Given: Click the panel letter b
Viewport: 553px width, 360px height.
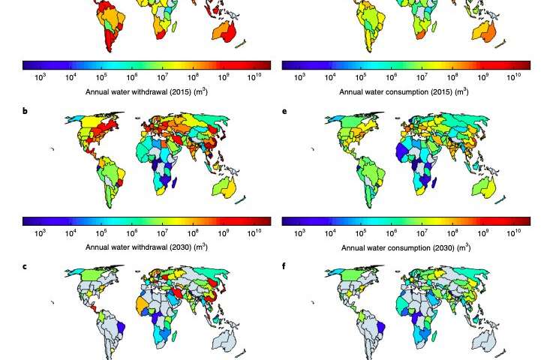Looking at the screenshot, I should [26, 111].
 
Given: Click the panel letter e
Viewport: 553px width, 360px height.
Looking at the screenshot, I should [285, 111].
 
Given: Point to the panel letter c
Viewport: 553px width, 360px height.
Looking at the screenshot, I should [26, 266].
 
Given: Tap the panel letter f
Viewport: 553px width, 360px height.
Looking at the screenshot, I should [285, 266].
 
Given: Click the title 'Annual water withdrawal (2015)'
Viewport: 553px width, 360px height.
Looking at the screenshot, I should [146, 91].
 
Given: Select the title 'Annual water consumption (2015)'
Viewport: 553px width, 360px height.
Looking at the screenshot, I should [404, 91].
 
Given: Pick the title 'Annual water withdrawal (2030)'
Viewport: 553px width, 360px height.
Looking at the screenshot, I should [146, 247].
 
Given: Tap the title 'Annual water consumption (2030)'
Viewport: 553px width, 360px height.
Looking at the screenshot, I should [406, 247].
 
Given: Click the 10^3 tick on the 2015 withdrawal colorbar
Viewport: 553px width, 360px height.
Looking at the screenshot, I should [41, 77].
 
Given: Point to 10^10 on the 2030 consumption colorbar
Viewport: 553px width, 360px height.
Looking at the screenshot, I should [514, 232].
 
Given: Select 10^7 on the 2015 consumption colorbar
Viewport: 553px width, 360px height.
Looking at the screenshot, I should [422, 77].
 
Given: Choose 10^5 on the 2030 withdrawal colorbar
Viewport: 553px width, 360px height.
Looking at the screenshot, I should [101, 232].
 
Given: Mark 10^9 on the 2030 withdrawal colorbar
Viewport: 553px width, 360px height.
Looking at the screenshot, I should [224, 232].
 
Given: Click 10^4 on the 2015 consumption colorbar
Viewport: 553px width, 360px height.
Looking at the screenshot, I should [330, 77].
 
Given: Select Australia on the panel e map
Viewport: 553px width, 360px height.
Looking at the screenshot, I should [482, 187].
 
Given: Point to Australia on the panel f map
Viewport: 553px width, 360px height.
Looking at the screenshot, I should [482, 341].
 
